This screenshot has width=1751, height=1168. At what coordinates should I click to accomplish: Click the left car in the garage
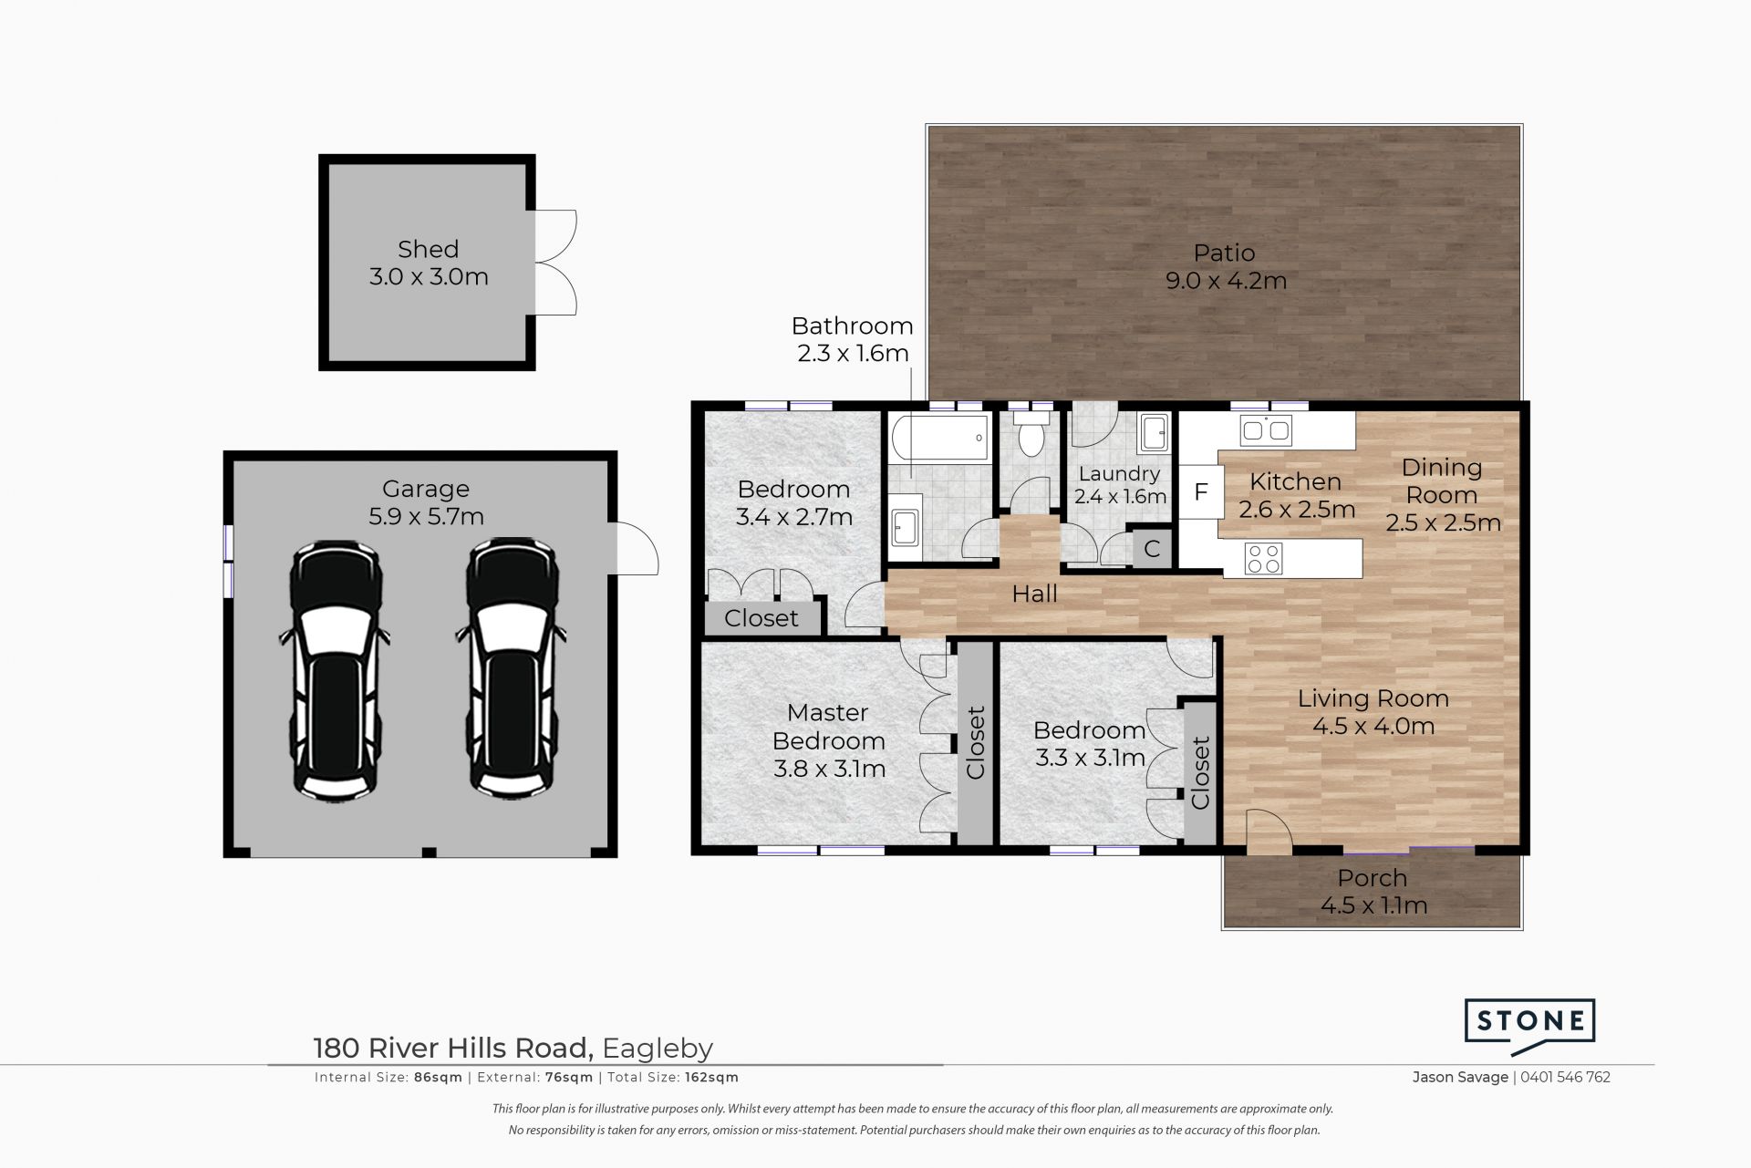tap(336, 670)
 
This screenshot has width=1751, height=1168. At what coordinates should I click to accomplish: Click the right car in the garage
tap(512, 670)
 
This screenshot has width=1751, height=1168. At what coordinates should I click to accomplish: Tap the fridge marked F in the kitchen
tap(1201, 492)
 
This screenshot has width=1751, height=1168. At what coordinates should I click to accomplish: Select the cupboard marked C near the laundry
tap(1152, 548)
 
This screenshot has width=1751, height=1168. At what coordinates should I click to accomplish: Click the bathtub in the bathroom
tap(938, 438)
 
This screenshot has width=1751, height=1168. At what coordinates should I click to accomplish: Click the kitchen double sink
tap(1265, 429)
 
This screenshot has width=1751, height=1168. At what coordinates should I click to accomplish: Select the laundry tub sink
tap(1154, 433)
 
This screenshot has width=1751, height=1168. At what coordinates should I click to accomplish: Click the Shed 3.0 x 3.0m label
tap(429, 263)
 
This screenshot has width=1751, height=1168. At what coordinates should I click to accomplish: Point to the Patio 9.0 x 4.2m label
tap(1226, 266)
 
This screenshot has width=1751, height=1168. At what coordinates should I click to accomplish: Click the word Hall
tap(1035, 594)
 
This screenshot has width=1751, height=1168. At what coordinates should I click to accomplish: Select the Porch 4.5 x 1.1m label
tap(1373, 892)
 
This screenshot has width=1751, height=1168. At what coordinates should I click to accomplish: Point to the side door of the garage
tap(636, 547)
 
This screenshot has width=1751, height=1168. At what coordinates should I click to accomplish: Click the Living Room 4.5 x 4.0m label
tap(1373, 712)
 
